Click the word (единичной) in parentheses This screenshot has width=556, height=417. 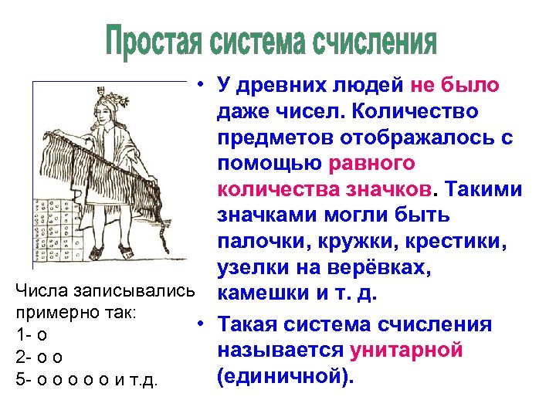click(x=283, y=376)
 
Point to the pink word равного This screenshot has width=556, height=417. click(x=372, y=164)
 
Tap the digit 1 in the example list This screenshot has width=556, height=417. click(x=19, y=336)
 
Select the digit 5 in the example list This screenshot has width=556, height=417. click(x=20, y=379)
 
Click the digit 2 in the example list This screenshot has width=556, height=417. click(x=20, y=358)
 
